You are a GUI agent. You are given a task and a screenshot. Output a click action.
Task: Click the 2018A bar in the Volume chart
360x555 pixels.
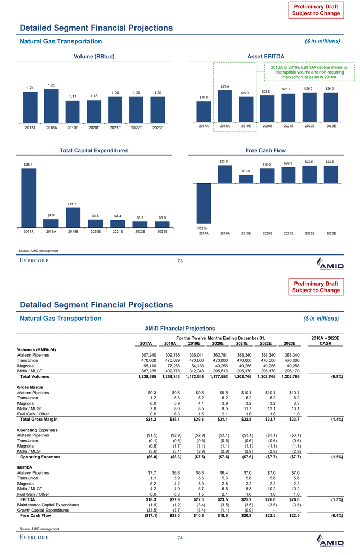51,105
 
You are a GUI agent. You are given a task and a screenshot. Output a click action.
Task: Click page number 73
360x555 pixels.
180,260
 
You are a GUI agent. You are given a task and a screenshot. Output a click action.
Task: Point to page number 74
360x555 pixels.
180,538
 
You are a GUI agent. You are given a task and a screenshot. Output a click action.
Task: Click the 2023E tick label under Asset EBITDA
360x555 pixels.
331,126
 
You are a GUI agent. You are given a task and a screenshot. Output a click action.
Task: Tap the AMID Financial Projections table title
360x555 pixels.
180,328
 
